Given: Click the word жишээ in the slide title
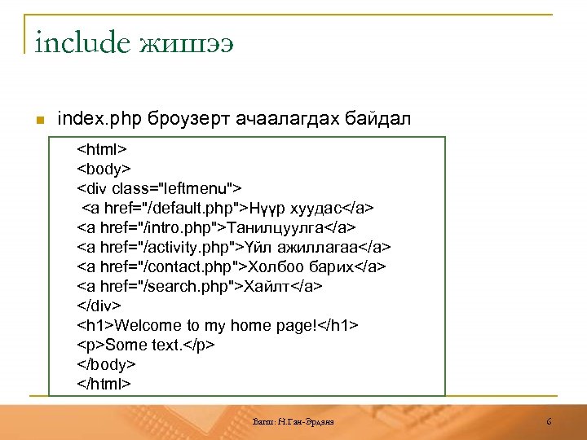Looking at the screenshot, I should click(187, 42).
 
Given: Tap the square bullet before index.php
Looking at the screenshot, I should click(38, 121).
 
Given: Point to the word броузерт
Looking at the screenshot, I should click(188, 120).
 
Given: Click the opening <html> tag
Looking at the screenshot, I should click(102, 150).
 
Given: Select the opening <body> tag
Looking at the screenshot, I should click(104, 169).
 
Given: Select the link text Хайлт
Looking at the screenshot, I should click(268, 287).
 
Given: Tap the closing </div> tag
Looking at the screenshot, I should click(99, 306).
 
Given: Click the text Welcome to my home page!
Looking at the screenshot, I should click(217, 326).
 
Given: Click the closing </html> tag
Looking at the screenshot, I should click(104, 384).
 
